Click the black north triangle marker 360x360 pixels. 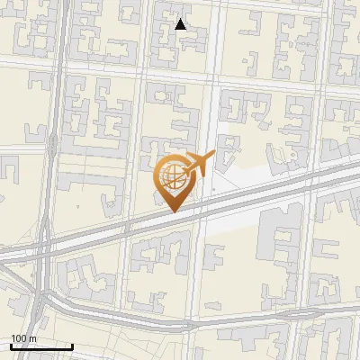tap(181, 24)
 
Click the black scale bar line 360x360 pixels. tap(41, 346)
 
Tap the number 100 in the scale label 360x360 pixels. tap(18, 338)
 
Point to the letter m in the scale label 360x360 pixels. tap(32, 338)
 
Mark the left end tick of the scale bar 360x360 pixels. tap(11, 346)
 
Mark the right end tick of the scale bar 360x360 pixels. tap(72, 346)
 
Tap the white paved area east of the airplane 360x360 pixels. tap(261, 175)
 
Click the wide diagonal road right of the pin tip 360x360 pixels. tap(234, 198)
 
